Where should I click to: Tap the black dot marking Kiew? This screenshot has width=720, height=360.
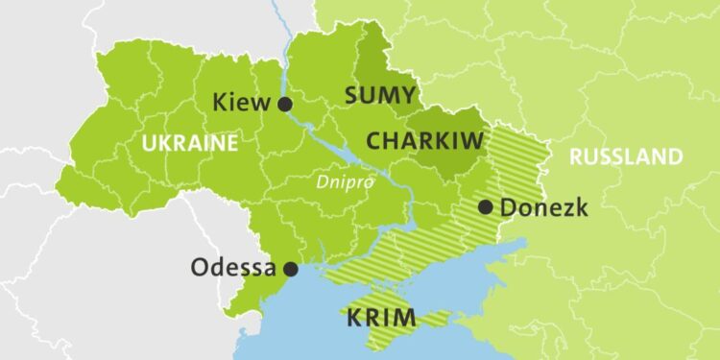tap(284, 105)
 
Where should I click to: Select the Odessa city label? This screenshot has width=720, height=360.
tap(233, 268)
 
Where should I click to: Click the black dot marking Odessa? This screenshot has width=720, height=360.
tap(290, 270)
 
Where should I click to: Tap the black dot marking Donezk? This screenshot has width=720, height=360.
tap(486, 206)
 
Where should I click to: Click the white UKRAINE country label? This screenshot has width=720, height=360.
tap(189, 144)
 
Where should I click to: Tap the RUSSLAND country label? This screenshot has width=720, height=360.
tap(626, 156)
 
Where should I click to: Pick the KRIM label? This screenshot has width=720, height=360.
tap(381, 317)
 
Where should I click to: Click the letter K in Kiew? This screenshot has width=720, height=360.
tap(220, 103)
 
